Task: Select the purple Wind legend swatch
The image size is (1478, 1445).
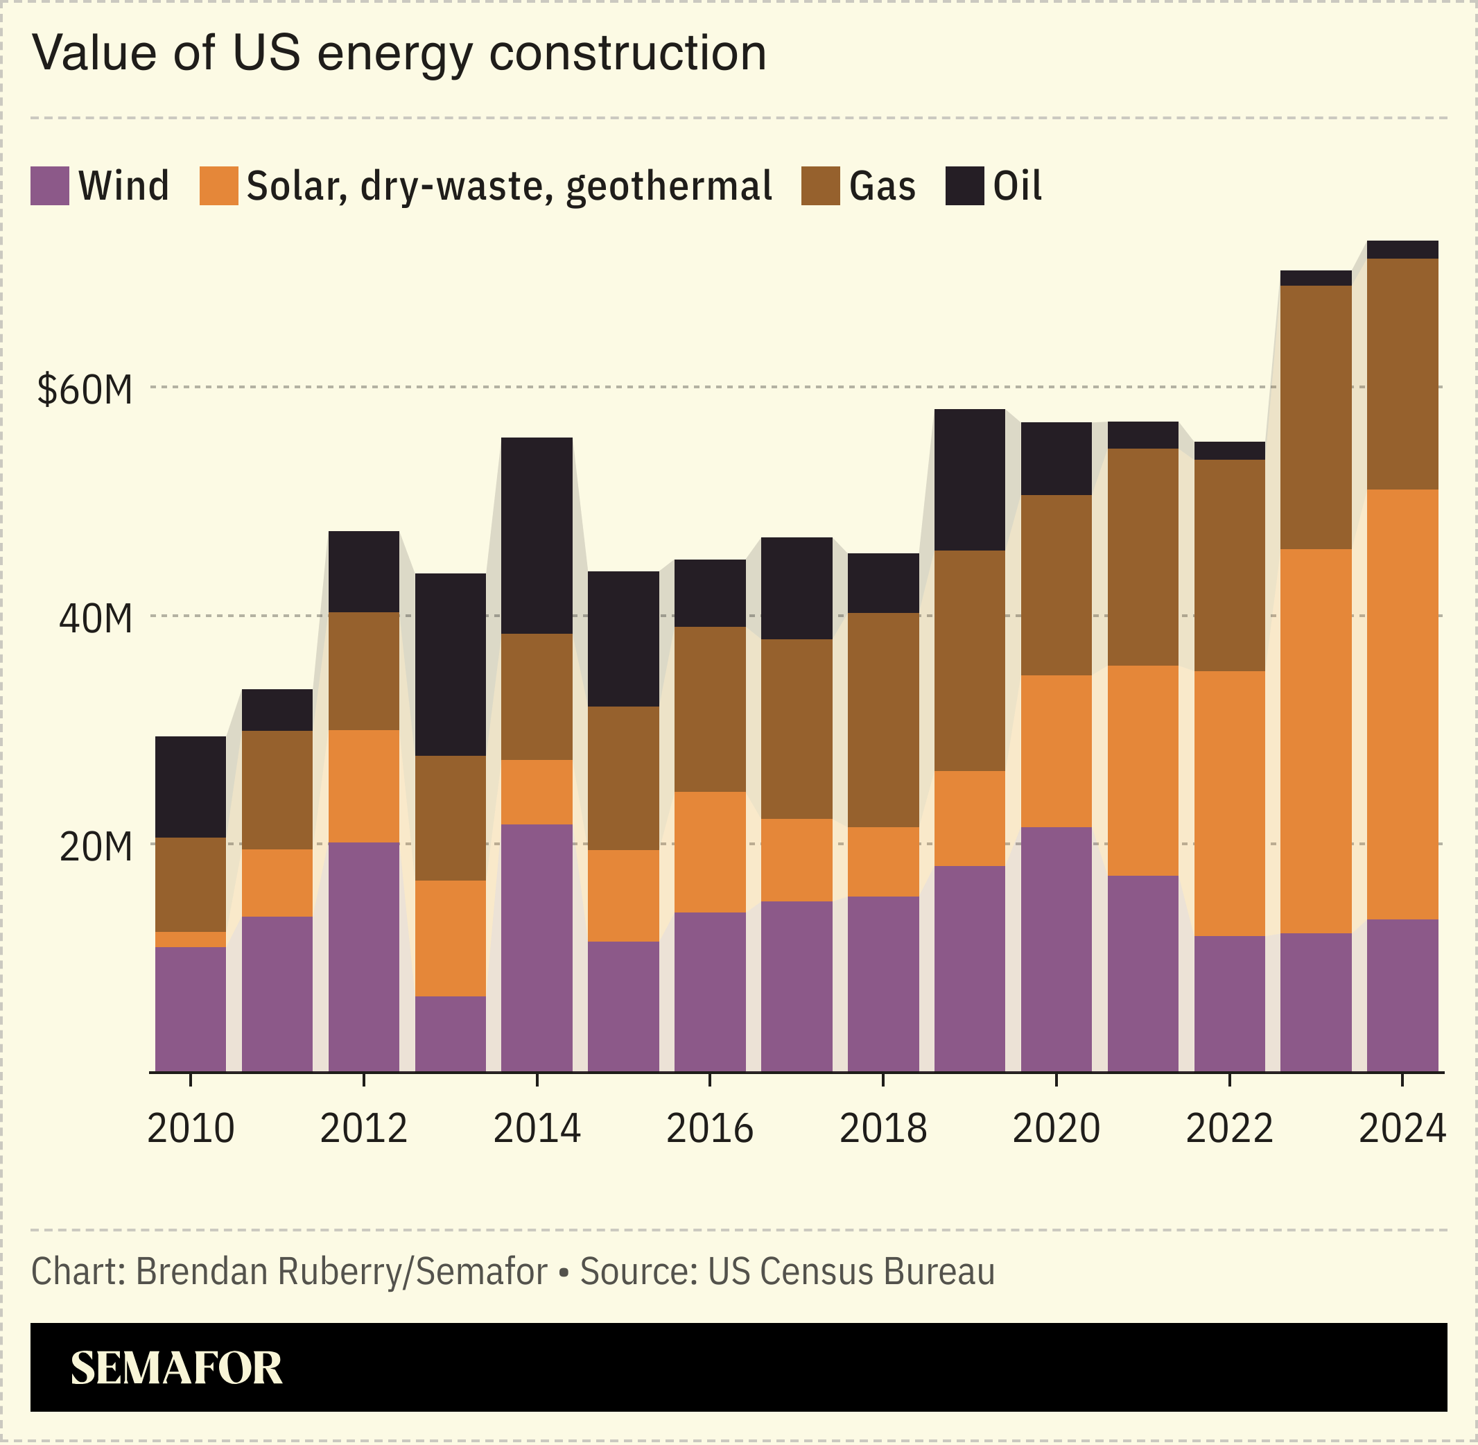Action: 49,186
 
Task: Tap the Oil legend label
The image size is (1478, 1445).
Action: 1017,186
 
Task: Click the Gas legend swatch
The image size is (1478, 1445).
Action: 820,186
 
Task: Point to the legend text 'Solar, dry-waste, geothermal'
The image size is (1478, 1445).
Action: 509,186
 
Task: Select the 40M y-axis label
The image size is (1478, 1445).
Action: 96,619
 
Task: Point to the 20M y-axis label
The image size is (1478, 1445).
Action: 96,847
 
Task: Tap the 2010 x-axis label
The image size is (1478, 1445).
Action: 191,1129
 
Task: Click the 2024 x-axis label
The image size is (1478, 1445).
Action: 1402,1129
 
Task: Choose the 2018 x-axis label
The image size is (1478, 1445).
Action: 883,1129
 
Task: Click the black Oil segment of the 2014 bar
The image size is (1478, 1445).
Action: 537,535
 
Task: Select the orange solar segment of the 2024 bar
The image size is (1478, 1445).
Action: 1402,704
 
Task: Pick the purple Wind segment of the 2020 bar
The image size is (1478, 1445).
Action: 1056,949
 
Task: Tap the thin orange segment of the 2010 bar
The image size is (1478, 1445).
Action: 191,939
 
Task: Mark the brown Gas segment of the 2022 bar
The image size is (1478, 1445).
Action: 1229,565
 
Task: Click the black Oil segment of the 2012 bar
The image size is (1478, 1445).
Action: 363,571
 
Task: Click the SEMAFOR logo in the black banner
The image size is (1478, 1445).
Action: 176,1368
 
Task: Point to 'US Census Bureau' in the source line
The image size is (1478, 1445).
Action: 851,1271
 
